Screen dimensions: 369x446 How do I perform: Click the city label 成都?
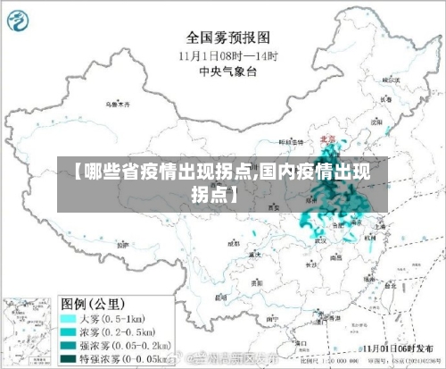click(234, 242)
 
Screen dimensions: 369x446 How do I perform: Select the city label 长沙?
click(310, 264)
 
